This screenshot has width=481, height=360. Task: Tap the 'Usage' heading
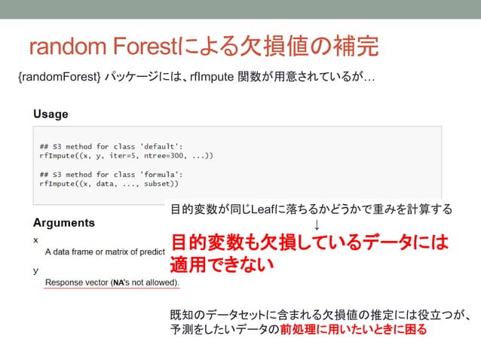50,114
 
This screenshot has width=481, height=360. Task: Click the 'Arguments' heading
63,223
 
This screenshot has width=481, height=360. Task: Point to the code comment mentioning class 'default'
111,145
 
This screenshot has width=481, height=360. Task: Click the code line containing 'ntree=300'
126,155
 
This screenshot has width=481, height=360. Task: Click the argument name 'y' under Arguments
35,269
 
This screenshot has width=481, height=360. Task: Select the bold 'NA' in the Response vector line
119,282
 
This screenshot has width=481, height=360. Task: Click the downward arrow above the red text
317,225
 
